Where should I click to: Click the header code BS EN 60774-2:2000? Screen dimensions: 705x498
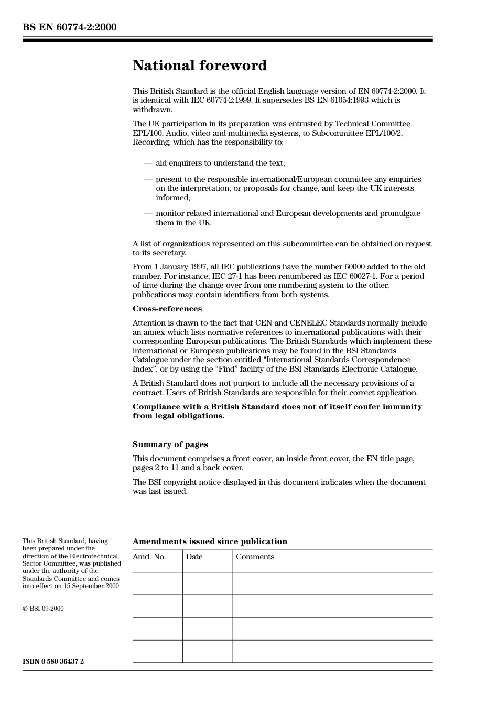click(69, 27)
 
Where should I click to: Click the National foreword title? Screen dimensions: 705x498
click(199, 66)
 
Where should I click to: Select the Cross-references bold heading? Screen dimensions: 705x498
click(167, 309)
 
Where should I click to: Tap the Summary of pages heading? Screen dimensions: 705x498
click(170, 444)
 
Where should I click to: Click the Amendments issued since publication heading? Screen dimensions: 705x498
click(210, 541)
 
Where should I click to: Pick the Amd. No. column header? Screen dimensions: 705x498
click(149, 557)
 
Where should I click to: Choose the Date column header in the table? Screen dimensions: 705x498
click(194, 557)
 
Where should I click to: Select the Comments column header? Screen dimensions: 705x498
click(255, 557)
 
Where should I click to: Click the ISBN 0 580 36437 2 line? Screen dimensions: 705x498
click(53, 661)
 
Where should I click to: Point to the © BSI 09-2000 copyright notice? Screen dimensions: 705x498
click(43, 609)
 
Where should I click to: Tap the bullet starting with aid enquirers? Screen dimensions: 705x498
click(220, 163)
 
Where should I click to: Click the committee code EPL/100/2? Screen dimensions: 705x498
click(384, 133)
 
